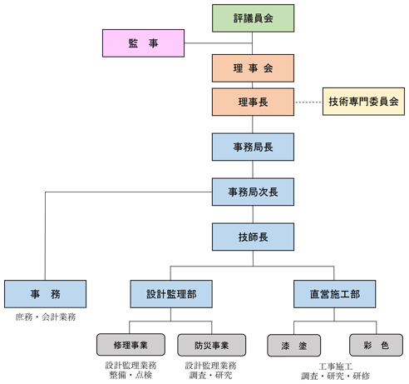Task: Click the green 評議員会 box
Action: (253, 18)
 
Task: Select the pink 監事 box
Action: (143, 43)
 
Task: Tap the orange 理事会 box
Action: (253, 68)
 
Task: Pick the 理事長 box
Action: (253, 102)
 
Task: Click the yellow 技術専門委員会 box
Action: (363, 102)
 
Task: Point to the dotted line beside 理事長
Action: (308, 102)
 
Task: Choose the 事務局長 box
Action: (253, 147)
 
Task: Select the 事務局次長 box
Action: (253, 192)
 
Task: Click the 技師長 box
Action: (253, 237)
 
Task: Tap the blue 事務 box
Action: (45, 294)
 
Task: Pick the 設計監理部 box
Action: (171, 294)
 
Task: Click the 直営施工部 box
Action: (335, 294)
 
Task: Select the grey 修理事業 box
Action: (131, 345)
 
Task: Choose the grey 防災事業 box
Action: (212, 345)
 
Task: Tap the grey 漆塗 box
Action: (294, 346)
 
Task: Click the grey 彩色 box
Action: (376, 345)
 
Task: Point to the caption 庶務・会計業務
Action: (46, 317)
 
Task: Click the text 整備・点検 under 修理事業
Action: (131, 375)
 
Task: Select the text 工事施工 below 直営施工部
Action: (336, 367)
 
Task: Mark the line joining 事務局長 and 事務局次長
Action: (253, 169)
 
